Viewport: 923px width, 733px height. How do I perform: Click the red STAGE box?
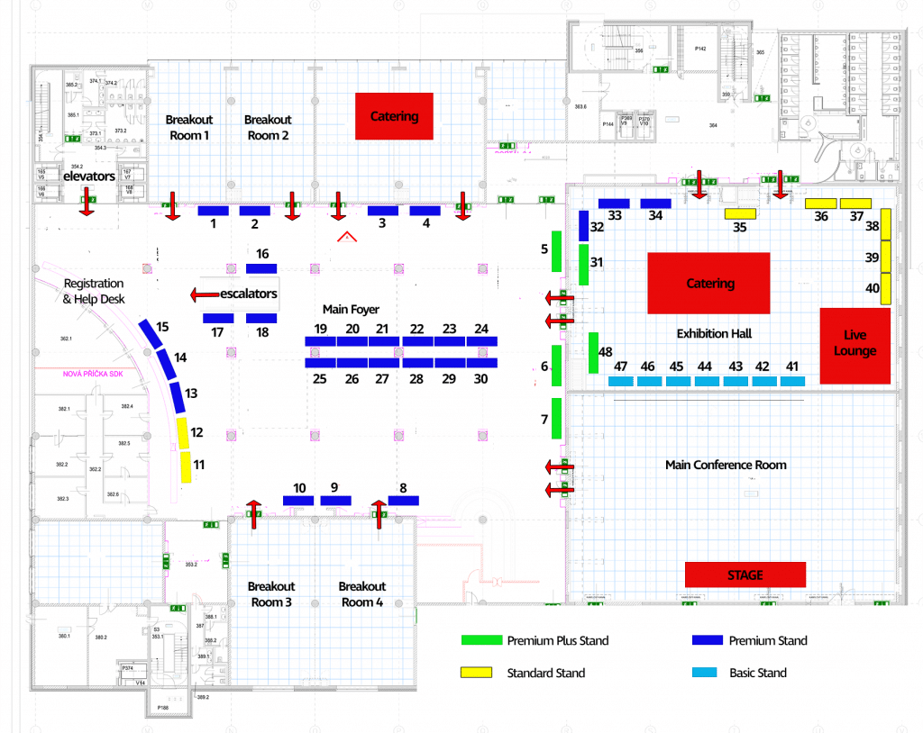[x=745, y=575]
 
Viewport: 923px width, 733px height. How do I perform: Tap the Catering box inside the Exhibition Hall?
[x=708, y=283]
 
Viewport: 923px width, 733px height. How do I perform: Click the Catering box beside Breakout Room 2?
[x=394, y=116]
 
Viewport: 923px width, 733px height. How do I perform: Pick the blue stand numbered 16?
[x=261, y=268]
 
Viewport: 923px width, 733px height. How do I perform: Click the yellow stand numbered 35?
[x=740, y=213]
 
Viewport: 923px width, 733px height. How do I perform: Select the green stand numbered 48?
[x=593, y=352]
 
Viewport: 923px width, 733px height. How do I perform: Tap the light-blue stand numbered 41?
[x=792, y=381]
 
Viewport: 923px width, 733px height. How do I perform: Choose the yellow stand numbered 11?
[x=186, y=467]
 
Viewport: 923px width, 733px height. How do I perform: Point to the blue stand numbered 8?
[x=403, y=500]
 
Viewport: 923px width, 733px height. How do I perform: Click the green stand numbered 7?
[x=556, y=418]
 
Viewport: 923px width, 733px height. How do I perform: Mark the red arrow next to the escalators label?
[x=206, y=294]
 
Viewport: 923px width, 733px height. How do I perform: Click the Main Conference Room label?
[x=726, y=465]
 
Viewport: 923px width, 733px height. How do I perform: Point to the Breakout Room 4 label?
[x=362, y=594]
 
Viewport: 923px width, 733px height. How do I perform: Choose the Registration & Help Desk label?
[x=95, y=291]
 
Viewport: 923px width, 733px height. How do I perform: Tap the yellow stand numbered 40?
[x=885, y=288]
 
